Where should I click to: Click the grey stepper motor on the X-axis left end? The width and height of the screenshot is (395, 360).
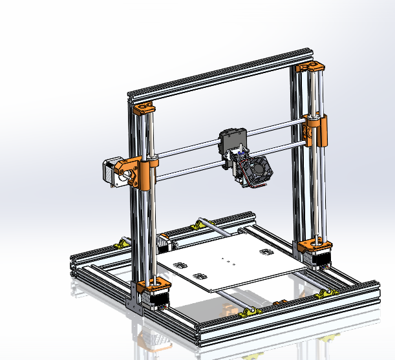click(111, 174)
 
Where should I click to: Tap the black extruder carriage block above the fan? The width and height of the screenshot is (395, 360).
click(233, 140)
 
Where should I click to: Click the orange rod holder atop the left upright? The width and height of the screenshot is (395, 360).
click(144, 107)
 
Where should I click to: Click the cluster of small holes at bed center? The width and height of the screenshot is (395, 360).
click(226, 261)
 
